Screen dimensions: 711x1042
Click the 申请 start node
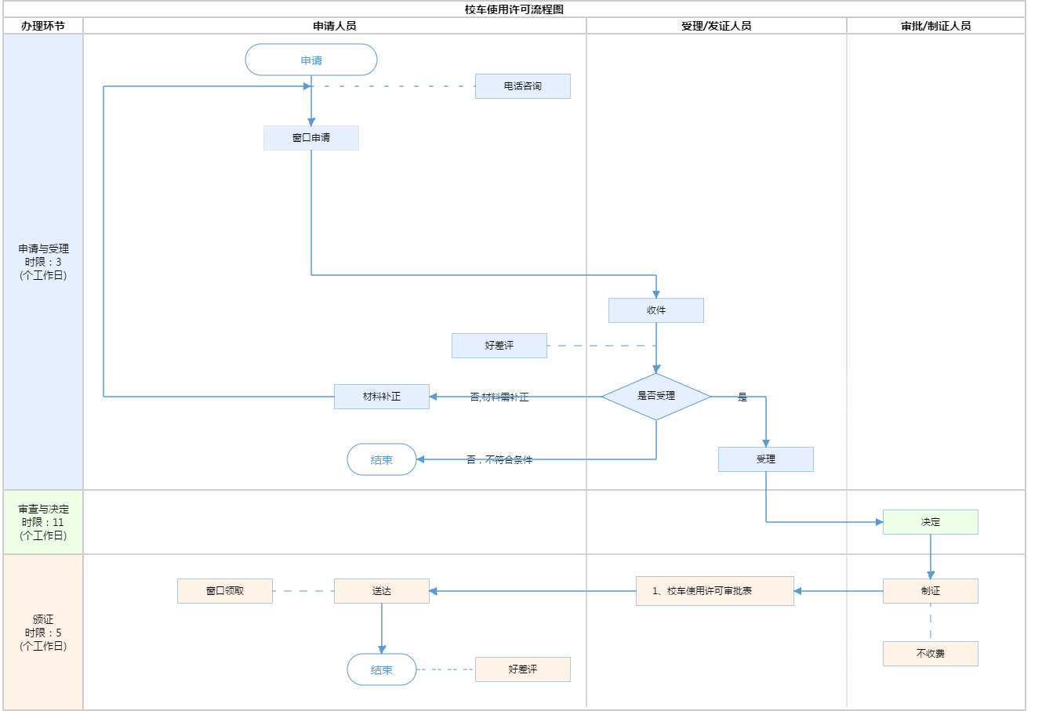311,60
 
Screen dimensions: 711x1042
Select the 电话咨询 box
523,86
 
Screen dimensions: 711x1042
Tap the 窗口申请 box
311,138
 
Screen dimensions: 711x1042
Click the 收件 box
656,310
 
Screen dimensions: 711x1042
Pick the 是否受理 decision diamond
656,397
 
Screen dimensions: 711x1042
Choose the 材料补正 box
382,397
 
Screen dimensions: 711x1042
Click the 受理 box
766,459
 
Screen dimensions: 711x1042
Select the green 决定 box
931,522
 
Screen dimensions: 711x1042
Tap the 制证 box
931,591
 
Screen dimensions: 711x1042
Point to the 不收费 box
931,654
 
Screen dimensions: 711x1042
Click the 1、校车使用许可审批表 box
715,591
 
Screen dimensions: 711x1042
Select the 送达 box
382,591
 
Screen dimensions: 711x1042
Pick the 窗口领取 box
225,591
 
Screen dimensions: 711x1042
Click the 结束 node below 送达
382,670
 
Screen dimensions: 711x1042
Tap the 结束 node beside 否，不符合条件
382,460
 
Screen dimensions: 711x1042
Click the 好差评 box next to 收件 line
499,346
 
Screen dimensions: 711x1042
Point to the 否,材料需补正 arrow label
499,397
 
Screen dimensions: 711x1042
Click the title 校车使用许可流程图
514,9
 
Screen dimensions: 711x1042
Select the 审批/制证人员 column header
936,26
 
